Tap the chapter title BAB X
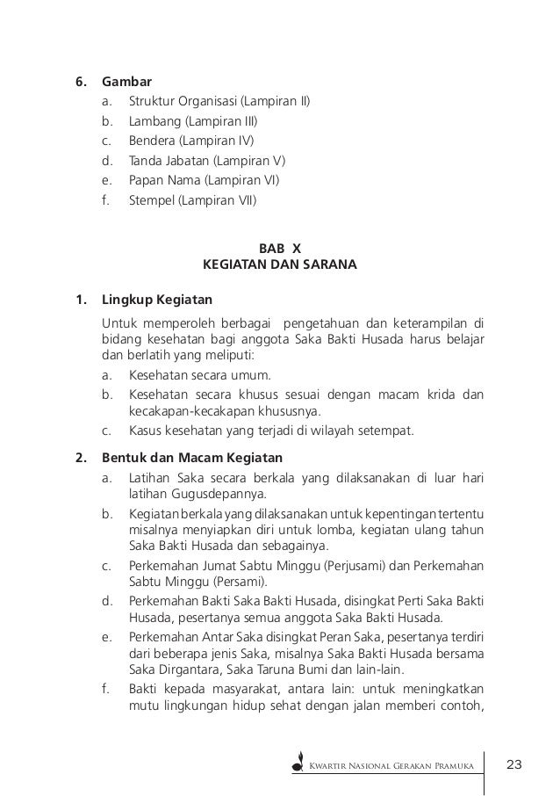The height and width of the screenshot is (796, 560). pyautogui.click(x=280, y=248)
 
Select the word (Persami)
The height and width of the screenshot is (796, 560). pyautogui.click(x=248, y=582)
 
